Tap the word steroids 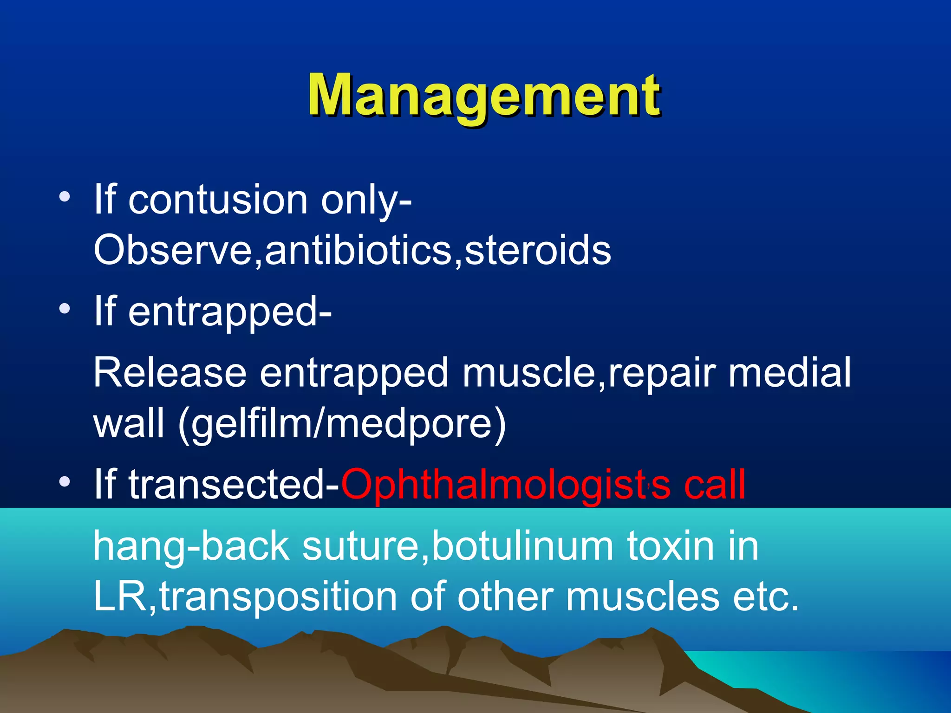point(537,251)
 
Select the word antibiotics point(358,251)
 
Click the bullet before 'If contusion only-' point(65,197)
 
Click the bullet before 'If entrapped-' point(65,309)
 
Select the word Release point(169,372)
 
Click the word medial point(789,372)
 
